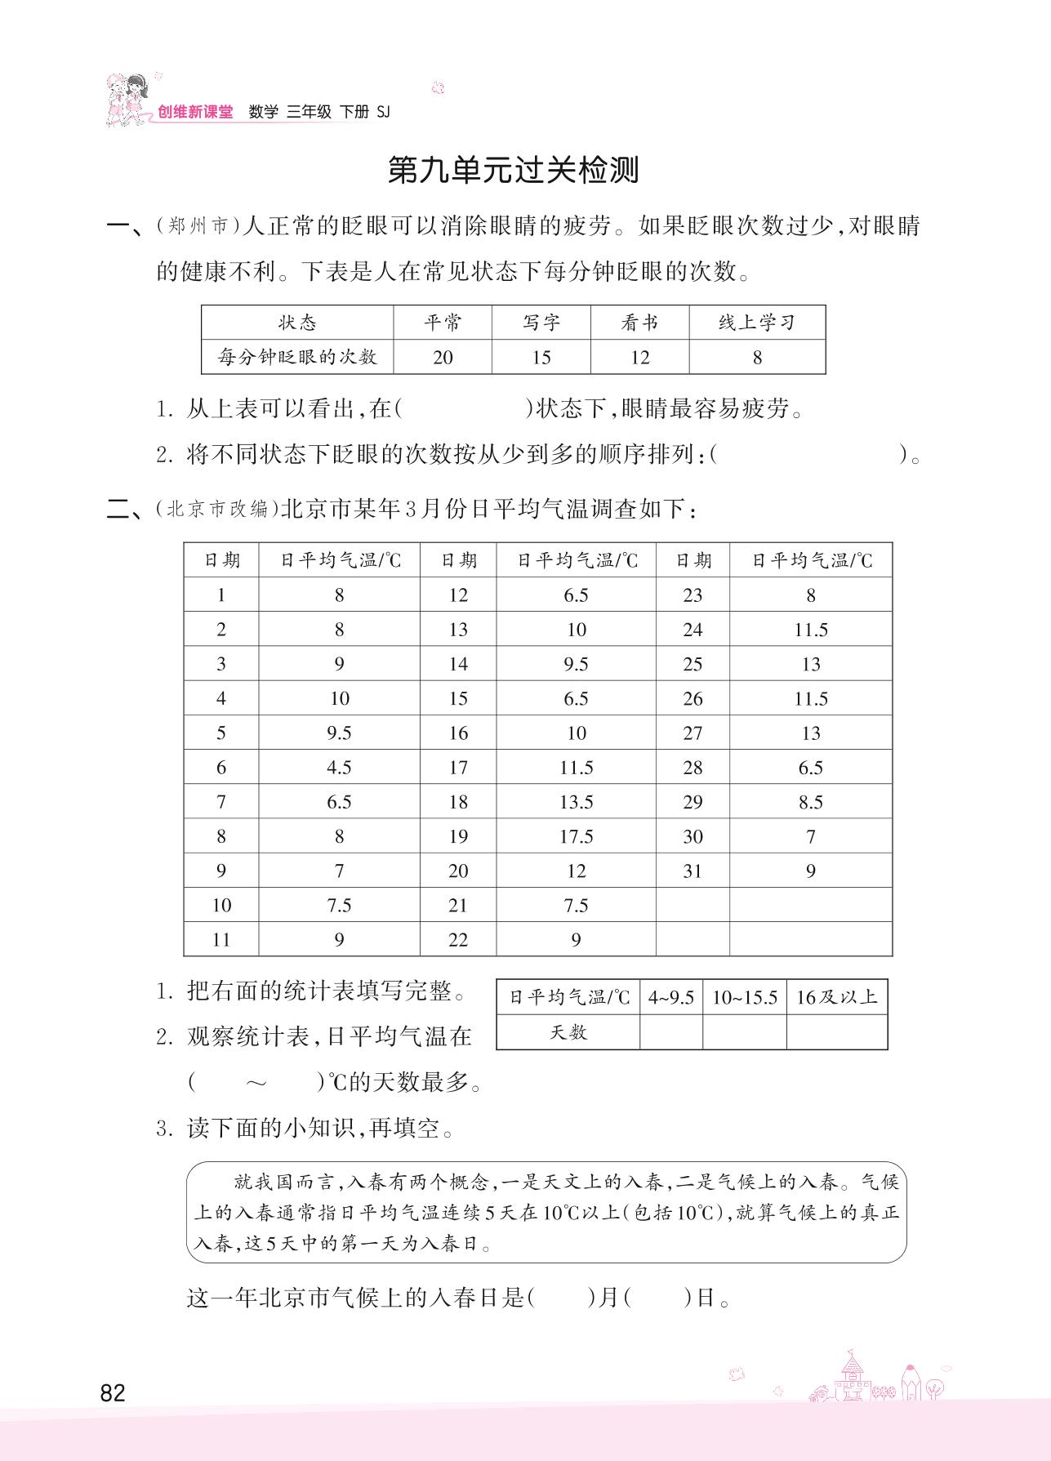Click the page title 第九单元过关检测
coord(513,170)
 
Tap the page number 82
coord(113,1392)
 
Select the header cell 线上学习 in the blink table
coord(756,323)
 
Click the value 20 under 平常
coord(443,358)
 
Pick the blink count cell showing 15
coord(541,358)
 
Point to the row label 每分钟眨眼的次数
coord(297,358)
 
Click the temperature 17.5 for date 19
coord(576,836)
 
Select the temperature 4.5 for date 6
coord(339,768)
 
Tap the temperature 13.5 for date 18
coord(576,802)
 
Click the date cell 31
coord(693,871)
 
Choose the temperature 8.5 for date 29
coord(810,802)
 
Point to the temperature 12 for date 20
coord(576,871)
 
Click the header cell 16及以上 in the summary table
coord(836,997)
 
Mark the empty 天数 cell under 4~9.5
coord(671,1032)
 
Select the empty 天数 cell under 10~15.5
coord(744,1032)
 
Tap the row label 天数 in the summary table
coord(568,1032)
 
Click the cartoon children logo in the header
coord(127,100)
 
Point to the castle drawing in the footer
coord(852,1379)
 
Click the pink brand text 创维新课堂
coord(195,113)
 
